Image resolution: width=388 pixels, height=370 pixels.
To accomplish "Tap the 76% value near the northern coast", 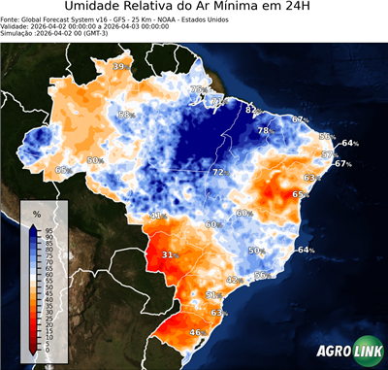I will pyautogui.click(x=199, y=89).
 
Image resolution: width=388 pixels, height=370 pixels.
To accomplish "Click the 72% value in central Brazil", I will pyautogui.click(x=220, y=172).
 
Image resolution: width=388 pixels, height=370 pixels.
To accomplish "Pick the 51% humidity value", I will pyautogui.click(x=212, y=293).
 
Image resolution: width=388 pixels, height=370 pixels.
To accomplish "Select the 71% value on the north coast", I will pyautogui.click(x=218, y=101).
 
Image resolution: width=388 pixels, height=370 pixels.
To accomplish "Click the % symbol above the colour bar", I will pyautogui.click(x=36, y=213).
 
